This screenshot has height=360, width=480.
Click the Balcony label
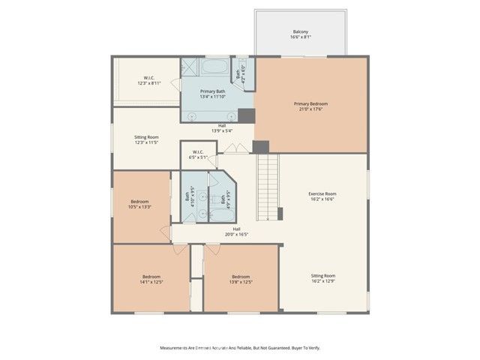300,34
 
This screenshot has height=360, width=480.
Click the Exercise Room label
322,196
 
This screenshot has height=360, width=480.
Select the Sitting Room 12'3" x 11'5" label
146,139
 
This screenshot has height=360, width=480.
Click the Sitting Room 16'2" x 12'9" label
322,278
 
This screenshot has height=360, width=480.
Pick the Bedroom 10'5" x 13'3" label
140,204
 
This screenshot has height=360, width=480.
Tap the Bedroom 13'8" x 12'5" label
241,278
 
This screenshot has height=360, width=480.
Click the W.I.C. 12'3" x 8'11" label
149,80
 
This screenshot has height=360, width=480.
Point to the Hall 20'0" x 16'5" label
236,231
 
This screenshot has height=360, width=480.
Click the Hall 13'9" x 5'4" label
223,127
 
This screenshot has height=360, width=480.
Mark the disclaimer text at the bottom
240,347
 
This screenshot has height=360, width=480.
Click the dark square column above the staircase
261,148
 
